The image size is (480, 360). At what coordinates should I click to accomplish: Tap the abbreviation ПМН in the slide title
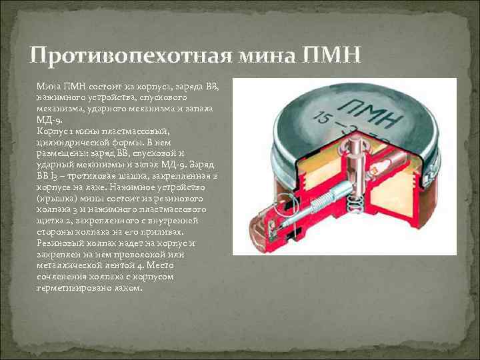pos(333,55)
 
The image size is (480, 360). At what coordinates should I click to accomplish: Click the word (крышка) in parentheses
pos(57,199)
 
